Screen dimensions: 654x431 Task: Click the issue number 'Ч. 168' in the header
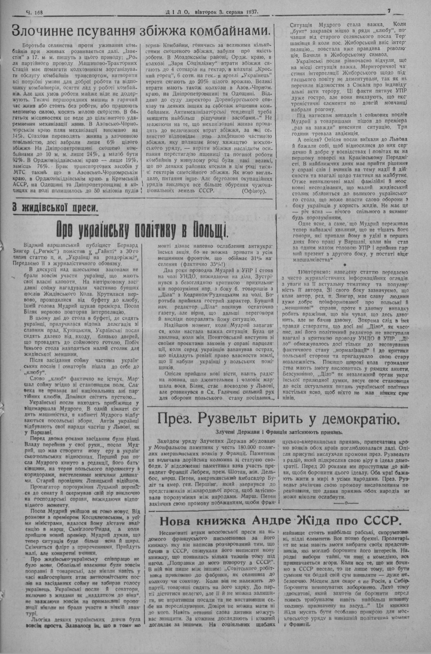click(36, 12)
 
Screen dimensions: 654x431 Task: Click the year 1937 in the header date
click(250, 12)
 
